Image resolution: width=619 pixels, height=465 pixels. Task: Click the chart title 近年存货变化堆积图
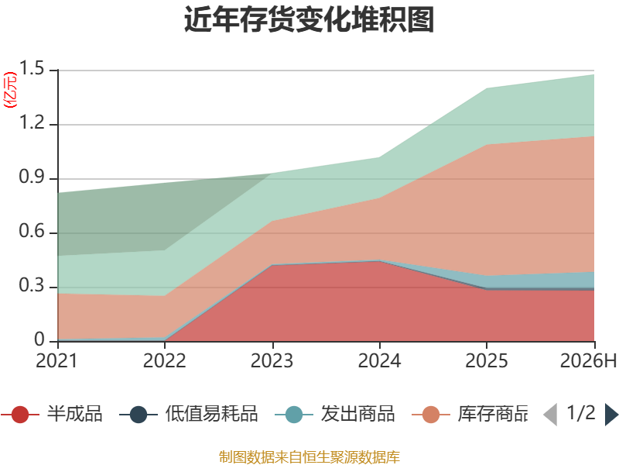(309, 19)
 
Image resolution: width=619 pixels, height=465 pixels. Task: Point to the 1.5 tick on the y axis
(32, 68)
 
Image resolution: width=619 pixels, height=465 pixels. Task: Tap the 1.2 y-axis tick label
(32, 122)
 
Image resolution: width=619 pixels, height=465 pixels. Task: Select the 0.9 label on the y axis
(32, 177)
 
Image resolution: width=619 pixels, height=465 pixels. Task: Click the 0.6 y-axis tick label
(32, 231)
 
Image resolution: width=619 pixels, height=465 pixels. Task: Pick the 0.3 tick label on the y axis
(32, 285)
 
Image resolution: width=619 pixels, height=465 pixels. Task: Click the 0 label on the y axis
(39, 339)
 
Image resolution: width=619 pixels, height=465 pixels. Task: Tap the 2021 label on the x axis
(56, 360)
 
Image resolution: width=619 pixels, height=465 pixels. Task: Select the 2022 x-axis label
(164, 360)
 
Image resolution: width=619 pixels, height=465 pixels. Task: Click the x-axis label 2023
(272, 360)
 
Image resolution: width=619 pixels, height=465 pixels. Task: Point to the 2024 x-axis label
(379, 360)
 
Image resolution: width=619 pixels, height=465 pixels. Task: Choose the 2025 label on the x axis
(487, 360)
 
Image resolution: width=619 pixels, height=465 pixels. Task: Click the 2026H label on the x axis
(588, 360)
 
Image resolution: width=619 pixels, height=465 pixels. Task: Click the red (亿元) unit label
(10, 90)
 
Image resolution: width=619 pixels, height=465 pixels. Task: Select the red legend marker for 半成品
(20, 415)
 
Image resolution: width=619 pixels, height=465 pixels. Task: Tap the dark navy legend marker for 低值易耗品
(139, 415)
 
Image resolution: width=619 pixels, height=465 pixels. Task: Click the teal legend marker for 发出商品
(294, 415)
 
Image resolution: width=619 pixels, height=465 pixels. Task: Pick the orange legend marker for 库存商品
(431, 415)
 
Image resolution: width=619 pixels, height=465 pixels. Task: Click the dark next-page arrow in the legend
(611, 415)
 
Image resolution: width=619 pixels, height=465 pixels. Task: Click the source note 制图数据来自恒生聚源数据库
(309, 457)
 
